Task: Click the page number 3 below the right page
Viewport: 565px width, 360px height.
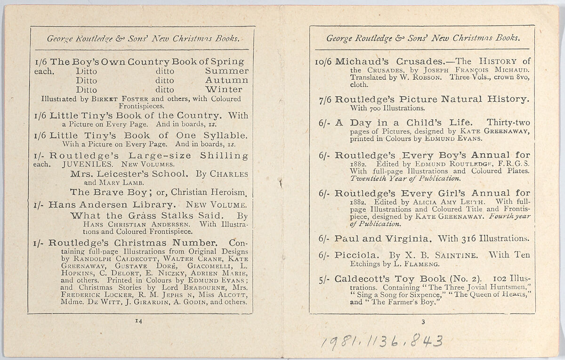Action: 423,322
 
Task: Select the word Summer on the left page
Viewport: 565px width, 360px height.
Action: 227,71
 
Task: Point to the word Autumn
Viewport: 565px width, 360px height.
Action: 226,80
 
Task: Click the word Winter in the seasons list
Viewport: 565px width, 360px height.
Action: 224,90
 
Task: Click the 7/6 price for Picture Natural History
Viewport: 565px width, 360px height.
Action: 324,99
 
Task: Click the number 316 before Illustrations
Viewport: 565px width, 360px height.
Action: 470,238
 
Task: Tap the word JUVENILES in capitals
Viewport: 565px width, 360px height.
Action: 89,165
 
